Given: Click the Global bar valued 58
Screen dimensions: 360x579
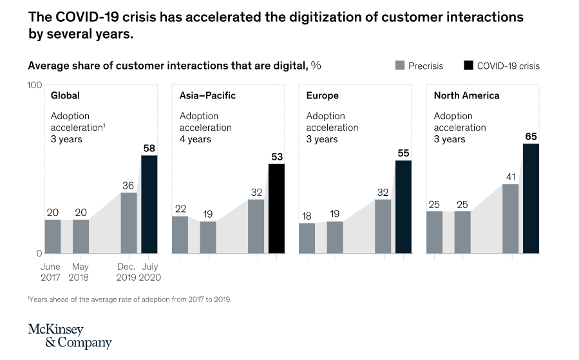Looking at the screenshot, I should [x=149, y=204].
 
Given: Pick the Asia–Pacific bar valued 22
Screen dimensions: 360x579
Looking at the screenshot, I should [x=180, y=234].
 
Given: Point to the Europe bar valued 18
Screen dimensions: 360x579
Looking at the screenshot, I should [x=307, y=238].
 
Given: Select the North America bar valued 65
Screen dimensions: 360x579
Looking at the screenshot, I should [x=531, y=198].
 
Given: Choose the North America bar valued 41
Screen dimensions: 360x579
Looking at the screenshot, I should [x=511, y=218].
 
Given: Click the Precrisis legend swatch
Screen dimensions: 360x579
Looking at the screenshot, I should [x=399, y=66].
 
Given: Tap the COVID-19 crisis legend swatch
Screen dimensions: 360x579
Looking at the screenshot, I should [x=468, y=66].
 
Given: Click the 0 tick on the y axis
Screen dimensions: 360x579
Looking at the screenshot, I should [x=38, y=253].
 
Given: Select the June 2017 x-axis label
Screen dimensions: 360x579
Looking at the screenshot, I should [x=50, y=272].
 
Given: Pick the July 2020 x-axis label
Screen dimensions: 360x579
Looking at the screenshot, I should [x=149, y=272].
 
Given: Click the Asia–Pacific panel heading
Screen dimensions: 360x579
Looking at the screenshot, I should [x=207, y=95].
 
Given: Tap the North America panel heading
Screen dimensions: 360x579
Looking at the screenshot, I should [x=466, y=95].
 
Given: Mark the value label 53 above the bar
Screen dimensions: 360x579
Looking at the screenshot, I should [x=277, y=156].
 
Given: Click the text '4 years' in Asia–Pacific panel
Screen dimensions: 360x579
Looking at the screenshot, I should [x=195, y=139].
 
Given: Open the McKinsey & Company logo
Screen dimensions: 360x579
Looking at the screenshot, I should [x=70, y=336].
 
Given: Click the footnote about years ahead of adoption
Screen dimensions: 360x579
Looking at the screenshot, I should [x=129, y=299].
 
